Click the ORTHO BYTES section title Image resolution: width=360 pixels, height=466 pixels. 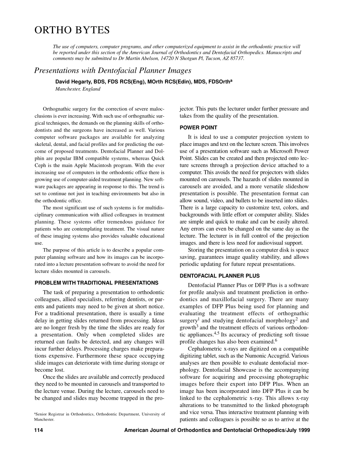tap(72, 30)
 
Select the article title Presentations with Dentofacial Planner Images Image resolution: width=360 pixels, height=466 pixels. tap(113, 70)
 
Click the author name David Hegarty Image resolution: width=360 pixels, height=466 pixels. tap(79, 81)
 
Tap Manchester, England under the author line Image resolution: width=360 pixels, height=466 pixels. tap(78, 89)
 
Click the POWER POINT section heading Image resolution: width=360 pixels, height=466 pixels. tap(198, 128)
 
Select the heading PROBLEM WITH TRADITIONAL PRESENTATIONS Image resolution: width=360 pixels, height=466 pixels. tap(96, 283)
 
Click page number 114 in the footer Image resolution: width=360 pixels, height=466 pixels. tap(39, 430)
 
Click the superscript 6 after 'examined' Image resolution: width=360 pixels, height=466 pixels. tap(276, 340)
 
